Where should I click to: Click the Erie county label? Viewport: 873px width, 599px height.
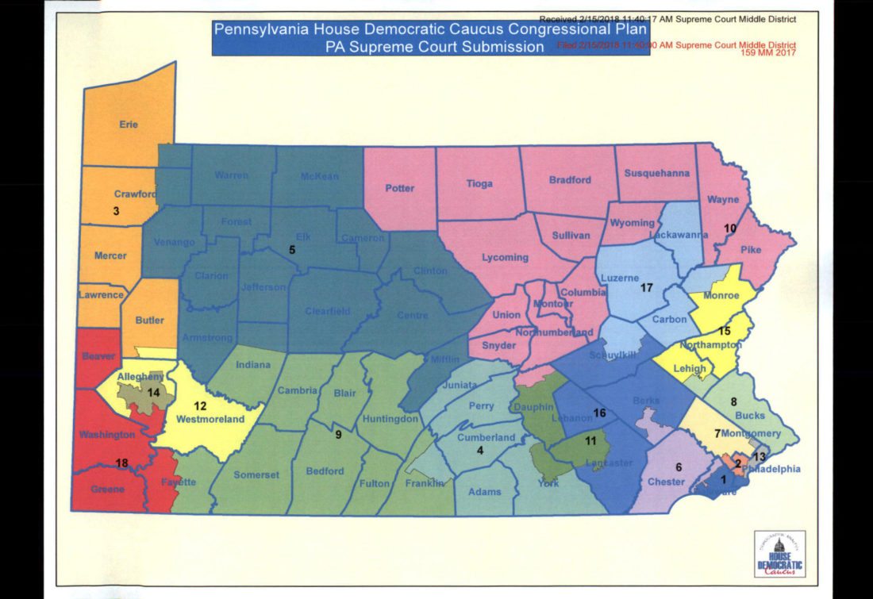pyautogui.click(x=129, y=125)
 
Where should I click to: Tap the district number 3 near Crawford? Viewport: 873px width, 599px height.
pyautogui.click(x=116, y=211)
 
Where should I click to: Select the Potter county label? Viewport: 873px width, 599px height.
pyautogui.click(x=400, y=188)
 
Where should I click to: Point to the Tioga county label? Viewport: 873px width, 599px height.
pyautogui.click(x=479, y=183)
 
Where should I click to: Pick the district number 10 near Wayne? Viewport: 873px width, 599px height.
pyautogui.click(x=730, y=228)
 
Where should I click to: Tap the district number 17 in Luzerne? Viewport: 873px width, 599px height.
pyautogui.click(x=647, y=288)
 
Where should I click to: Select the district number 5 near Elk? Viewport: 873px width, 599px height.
pyautogui.click(x=291, y=250)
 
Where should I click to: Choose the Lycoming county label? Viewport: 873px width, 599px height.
pyautogui.click(x=506, y=257)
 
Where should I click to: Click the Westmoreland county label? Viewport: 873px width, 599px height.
pyautogui.click(x=209, y=419)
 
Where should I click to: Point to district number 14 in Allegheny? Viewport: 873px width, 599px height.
pyautogui.click(x=153, y=392)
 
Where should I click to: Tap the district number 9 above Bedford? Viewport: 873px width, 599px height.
pyautogui.click(x=338, y=434)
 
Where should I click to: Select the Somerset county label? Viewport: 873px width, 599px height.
pyautogui.click(x=256, y=474)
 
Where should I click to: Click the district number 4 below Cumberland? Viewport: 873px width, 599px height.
pyautogui.click(x=479, y=451)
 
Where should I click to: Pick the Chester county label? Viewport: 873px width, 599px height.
pyautogui.click(x=666, y=482)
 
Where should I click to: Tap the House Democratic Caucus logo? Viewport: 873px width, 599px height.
pyautogui.click(x=779, y=553)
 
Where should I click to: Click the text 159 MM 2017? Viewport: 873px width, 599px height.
pyautogui.click(x=767, y=54)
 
